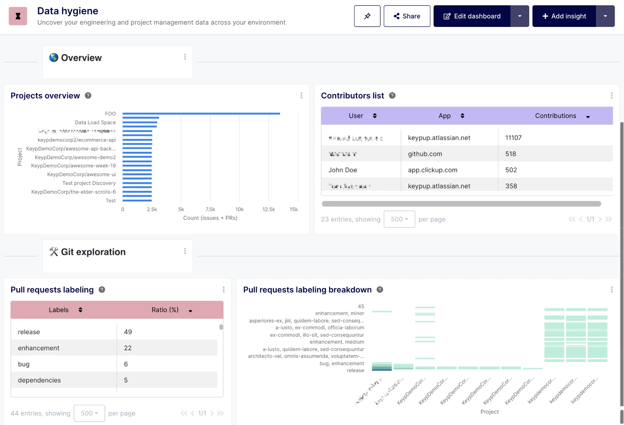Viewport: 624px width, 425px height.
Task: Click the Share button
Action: [x=407, y=16]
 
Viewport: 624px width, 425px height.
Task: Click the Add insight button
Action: [x=564, y=16]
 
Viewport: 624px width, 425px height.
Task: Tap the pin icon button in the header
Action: [x=367, y=16]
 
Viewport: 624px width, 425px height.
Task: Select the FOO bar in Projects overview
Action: [x=201, y=114]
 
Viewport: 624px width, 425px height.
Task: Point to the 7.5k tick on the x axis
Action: [x=210, y=210]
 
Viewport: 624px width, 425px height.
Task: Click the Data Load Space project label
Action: [x=95, y=123]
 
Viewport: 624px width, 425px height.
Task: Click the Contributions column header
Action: [x=555, y=116]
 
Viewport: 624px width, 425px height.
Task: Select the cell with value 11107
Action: [x=513, y=138]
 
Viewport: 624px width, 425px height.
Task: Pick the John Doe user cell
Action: [x=343, y=170]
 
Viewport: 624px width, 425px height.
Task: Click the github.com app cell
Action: [x=425, y=154]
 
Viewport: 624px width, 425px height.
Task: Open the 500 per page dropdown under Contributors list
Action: [x=399, y=219]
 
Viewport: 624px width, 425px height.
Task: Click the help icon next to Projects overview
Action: [x=88, y=96]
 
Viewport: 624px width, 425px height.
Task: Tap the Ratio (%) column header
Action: [x=165, y=310]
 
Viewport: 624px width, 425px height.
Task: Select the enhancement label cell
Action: [x=39, y=348]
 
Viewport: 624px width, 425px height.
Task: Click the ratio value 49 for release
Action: [x=128, y=332]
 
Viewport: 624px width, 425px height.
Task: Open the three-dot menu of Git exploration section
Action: [x=185, y=251]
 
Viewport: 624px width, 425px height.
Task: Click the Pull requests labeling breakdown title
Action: [x=307, y=290]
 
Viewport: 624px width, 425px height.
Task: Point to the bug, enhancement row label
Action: [x=342, y=364]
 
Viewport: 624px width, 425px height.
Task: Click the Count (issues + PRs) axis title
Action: [x=210, y=218]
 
